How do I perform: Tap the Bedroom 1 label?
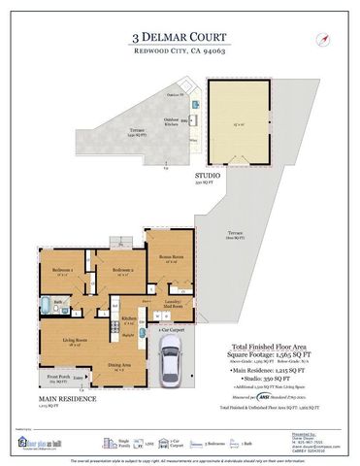[63, 269]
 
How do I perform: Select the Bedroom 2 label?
[121, 269]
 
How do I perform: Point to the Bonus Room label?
[173, 257]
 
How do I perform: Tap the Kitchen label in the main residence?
[127, 318]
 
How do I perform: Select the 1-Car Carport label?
[171, 331]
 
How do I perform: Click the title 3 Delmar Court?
[180, 36]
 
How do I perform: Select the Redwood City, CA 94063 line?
[180, 51]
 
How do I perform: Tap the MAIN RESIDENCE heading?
[68, 399]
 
